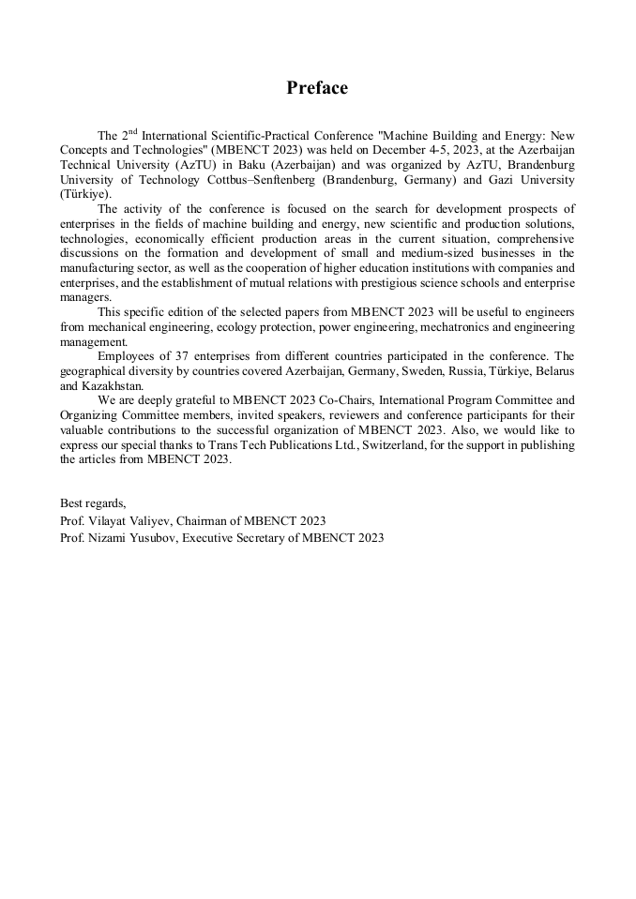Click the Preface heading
click(317, 88)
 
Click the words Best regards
click(92, 503)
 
